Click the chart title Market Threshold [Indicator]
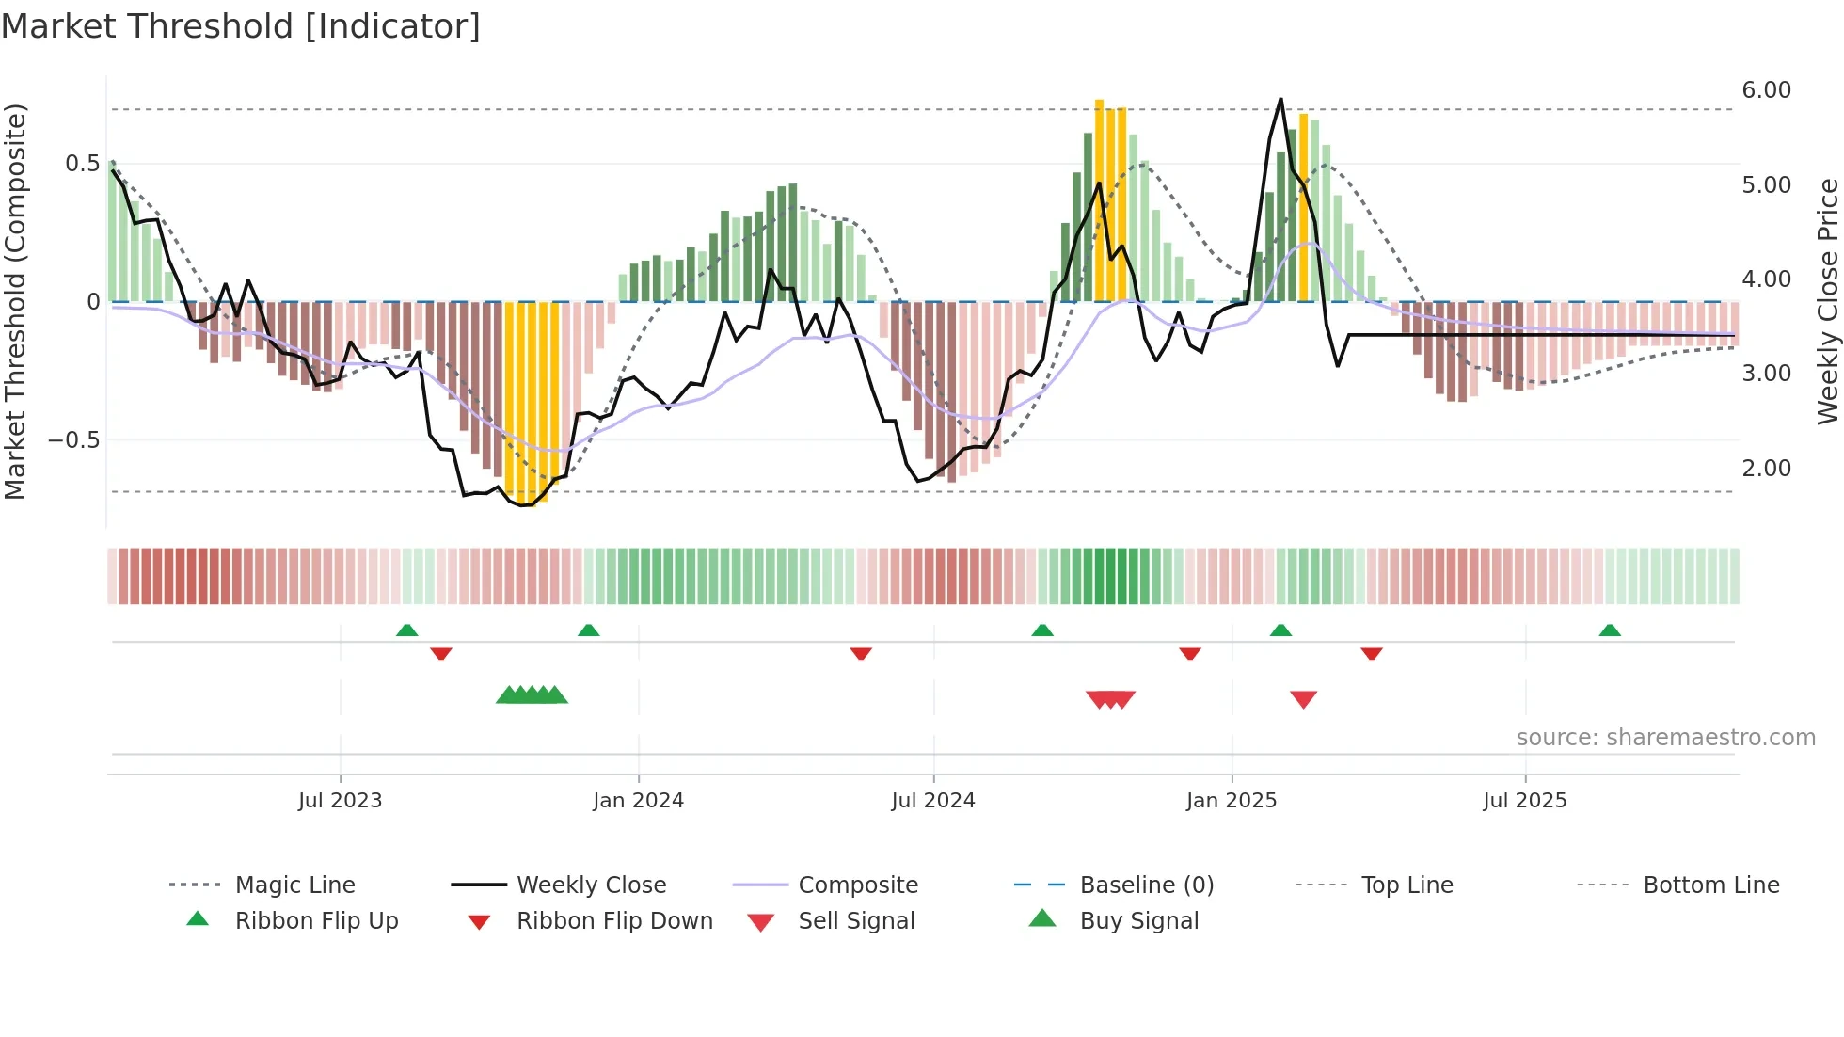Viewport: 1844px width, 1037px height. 241,25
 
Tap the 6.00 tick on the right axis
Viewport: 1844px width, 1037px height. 1766,90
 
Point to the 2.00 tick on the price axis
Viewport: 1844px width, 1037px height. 1766,468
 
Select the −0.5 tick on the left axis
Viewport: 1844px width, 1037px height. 73,440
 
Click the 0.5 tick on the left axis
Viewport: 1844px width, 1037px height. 82,164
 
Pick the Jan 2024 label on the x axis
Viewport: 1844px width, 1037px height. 638,801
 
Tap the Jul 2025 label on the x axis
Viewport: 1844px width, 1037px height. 1524,801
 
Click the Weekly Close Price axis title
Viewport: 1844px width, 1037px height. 1827,301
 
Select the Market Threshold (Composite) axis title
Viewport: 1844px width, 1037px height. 15,301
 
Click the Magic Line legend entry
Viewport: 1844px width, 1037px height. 294,885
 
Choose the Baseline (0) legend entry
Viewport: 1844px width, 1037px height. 1146,885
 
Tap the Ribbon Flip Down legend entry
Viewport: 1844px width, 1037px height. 613,921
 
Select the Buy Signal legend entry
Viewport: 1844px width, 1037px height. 1138,921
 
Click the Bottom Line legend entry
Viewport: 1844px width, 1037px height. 1710,885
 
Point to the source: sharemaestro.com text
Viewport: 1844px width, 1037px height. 1665,738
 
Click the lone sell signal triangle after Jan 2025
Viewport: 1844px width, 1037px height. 1303,699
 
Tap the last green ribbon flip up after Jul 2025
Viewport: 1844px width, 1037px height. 1610,630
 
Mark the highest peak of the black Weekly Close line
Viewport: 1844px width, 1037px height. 1280,100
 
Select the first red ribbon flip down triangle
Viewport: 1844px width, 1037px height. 441,653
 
